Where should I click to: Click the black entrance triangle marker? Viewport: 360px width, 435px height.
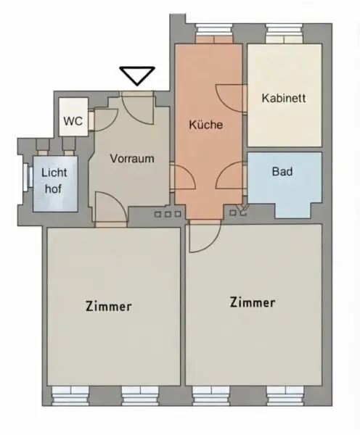(x=137, y=75)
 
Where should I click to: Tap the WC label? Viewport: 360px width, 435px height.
(x=73, y=121)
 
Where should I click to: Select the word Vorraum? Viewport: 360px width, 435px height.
(x=132, y=158)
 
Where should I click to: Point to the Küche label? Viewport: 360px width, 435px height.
(x=206, y=125)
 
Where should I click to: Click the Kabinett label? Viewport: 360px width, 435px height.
(x=284, y=98)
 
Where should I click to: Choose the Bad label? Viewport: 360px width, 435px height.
(x=282, y=171)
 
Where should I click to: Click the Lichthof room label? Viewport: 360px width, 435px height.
(x=54, y=181)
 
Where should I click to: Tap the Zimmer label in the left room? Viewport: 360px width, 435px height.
(x=109, y=306)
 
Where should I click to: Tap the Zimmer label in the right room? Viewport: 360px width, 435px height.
(x=253, y=302)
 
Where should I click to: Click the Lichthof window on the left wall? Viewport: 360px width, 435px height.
(x=28, y=177)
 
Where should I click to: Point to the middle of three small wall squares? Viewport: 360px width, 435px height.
(x=168, y=214)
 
